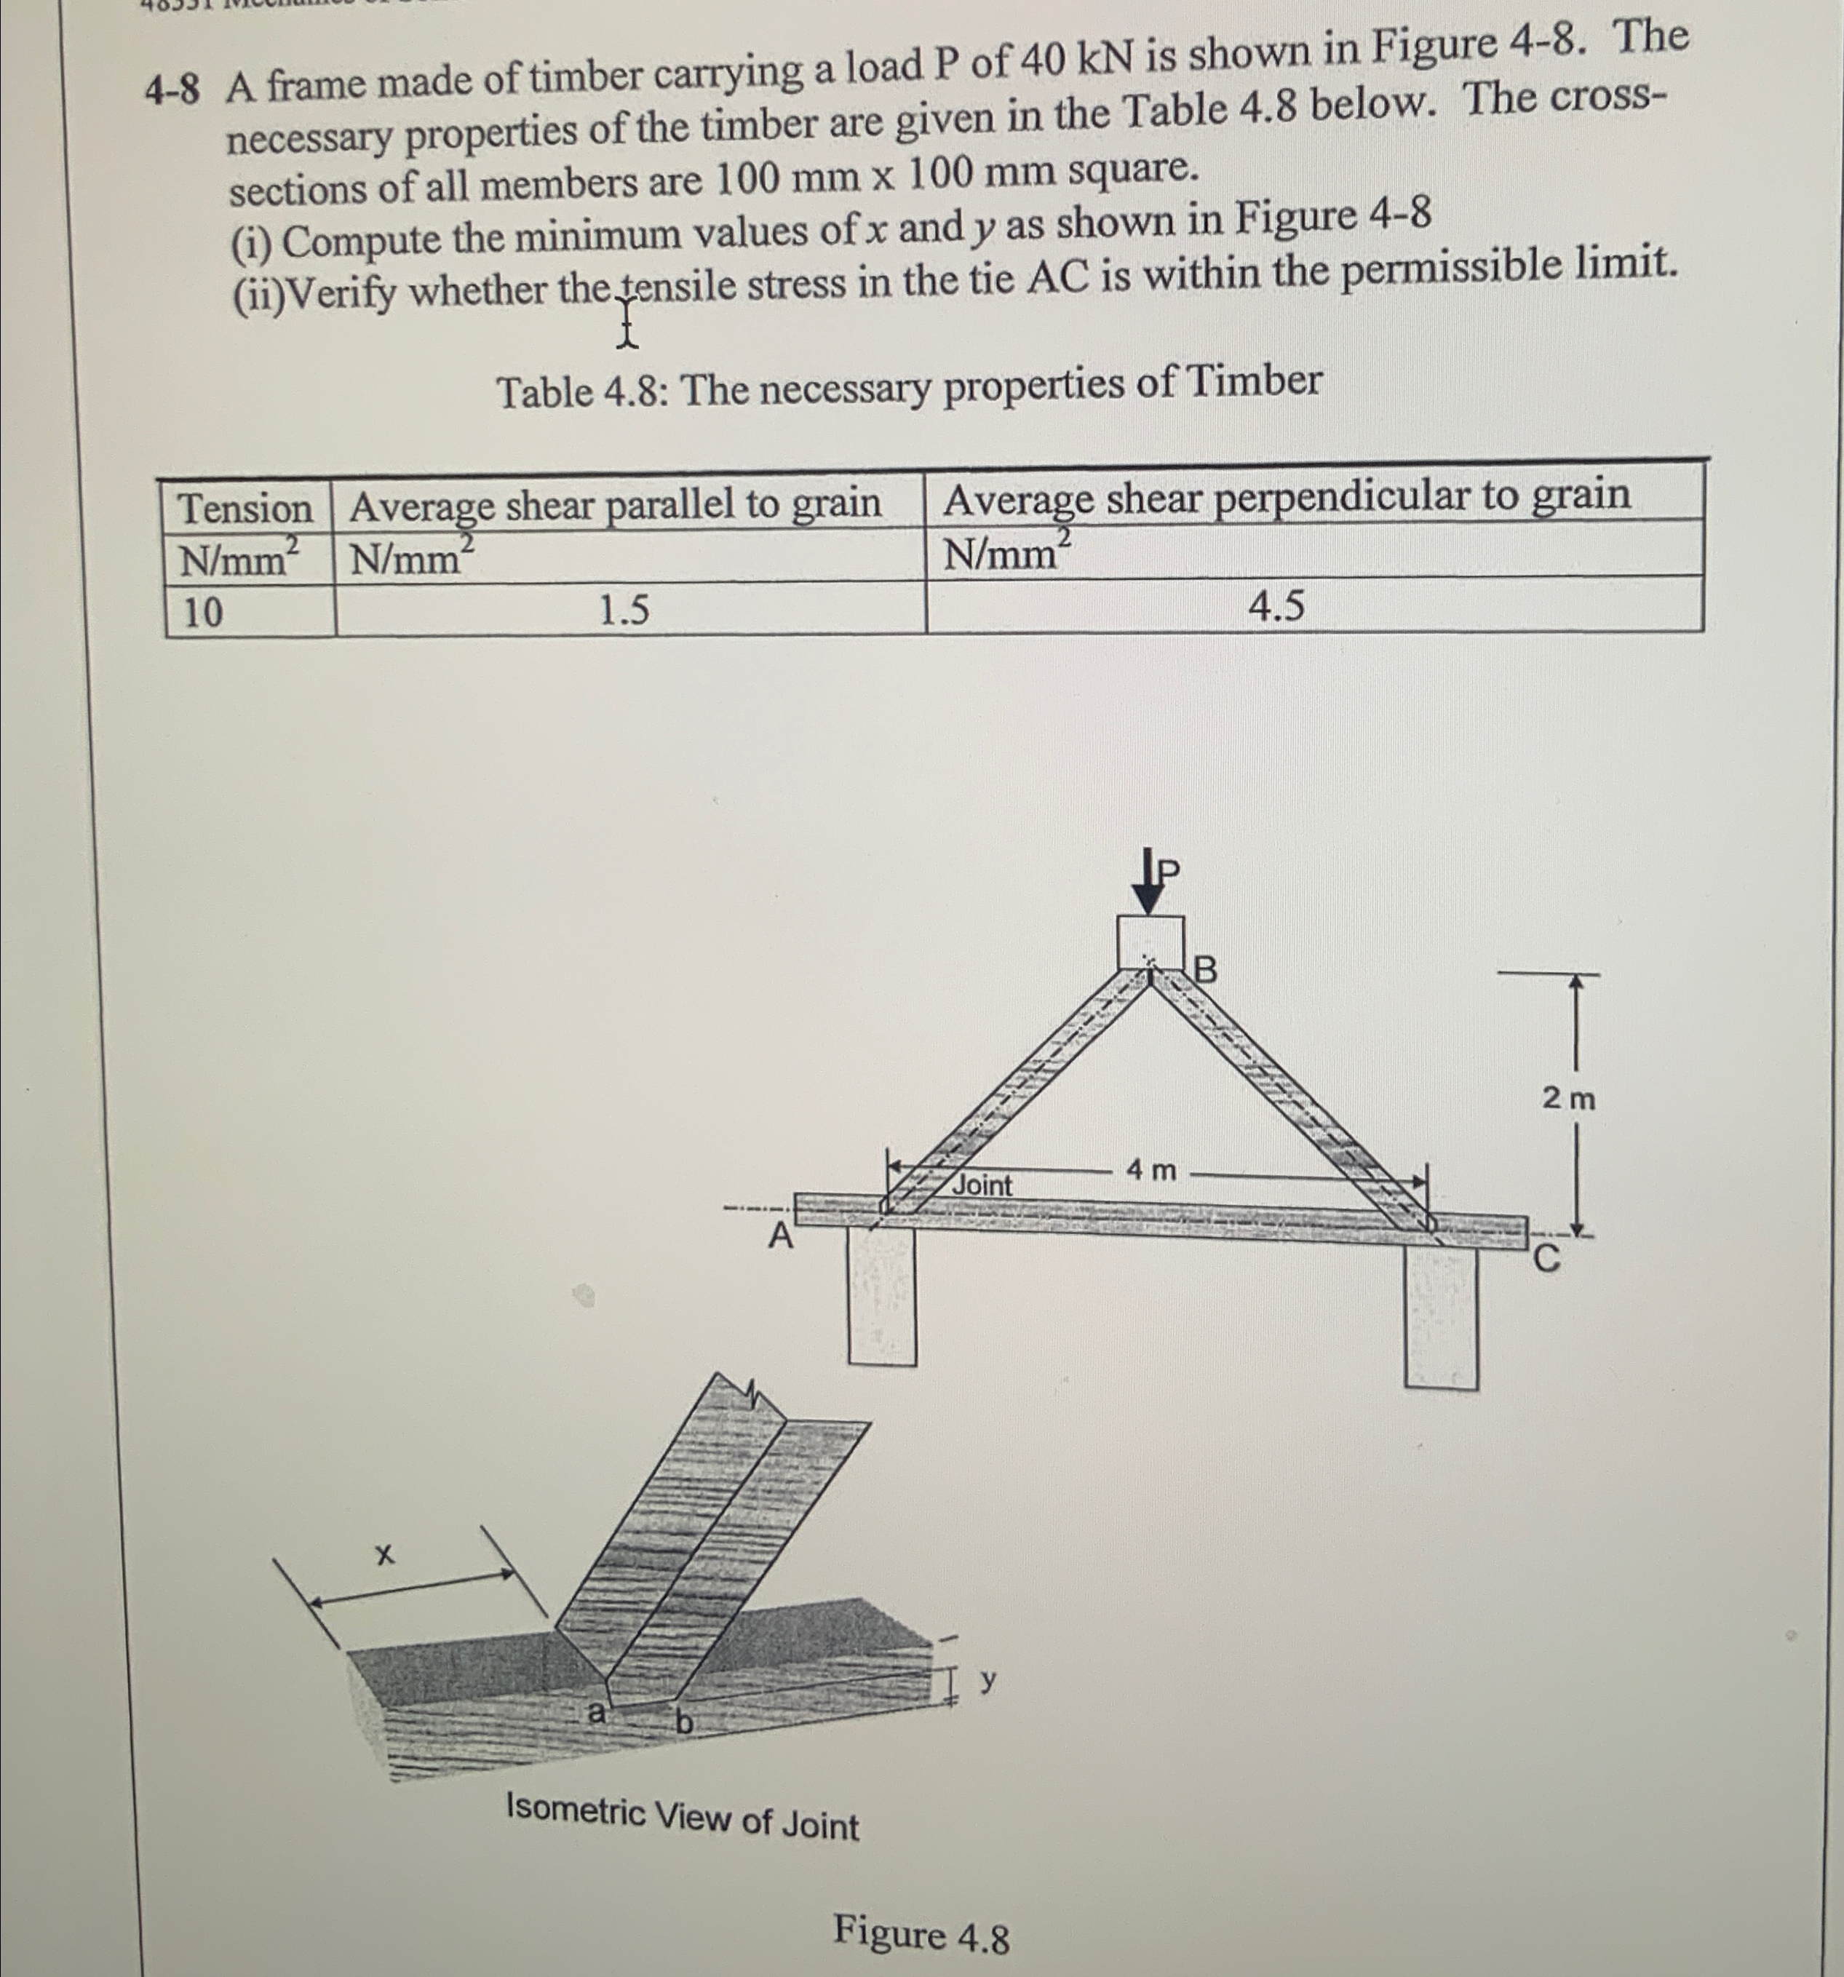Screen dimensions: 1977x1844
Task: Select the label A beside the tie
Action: click(781, 1237)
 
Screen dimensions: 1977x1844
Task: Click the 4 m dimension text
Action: click(1150, 1171)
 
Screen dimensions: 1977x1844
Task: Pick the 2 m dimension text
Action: click(1568, 1099)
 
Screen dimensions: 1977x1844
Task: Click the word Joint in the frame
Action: click(982, 1185)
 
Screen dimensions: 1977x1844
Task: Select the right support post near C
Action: click(1440, 1318)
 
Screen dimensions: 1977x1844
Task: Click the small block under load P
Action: click(1150, 940)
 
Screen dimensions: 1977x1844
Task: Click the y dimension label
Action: click(987, 1679)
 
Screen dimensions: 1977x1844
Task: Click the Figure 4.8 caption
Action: click(921, 1934)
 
